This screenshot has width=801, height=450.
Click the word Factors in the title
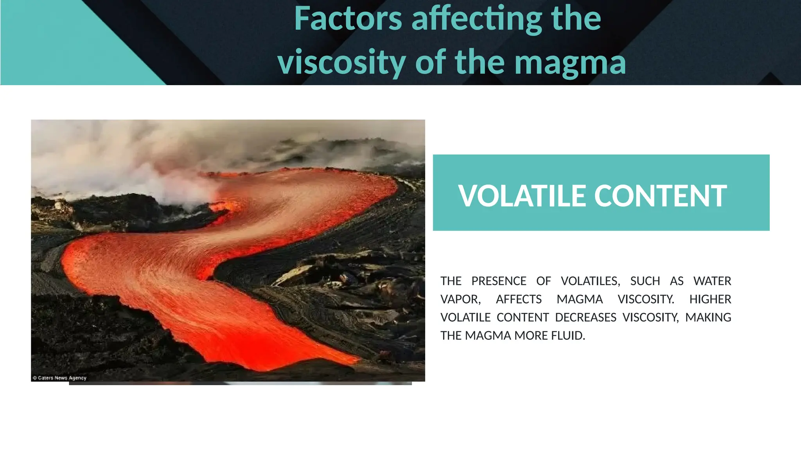[348, 18]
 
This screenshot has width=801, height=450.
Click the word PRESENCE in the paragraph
[499, 281]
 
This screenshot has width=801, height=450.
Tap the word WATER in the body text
[712, 281]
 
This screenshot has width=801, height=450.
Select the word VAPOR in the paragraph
[460, 299]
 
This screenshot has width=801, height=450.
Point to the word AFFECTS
[519, 299]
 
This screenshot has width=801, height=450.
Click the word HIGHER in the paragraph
[710, 299]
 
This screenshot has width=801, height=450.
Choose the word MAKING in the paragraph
[708, 317]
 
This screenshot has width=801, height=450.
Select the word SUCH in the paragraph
[645, 281]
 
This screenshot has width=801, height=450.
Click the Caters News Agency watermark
[59, 378]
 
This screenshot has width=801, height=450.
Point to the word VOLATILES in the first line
[590, 281]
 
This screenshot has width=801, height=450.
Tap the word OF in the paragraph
[543, 281]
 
